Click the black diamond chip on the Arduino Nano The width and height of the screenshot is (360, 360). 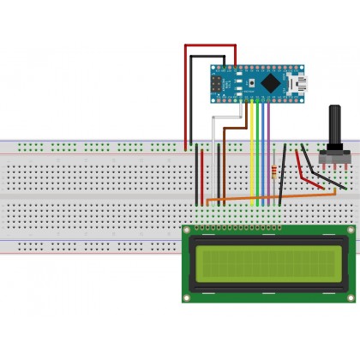click(x=273, y=83)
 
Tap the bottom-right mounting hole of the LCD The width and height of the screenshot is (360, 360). click(x=349, y=296)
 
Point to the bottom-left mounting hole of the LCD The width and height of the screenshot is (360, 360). click(x=188, y=296)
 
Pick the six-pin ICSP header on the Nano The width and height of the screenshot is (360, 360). click(x=217, y=83)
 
